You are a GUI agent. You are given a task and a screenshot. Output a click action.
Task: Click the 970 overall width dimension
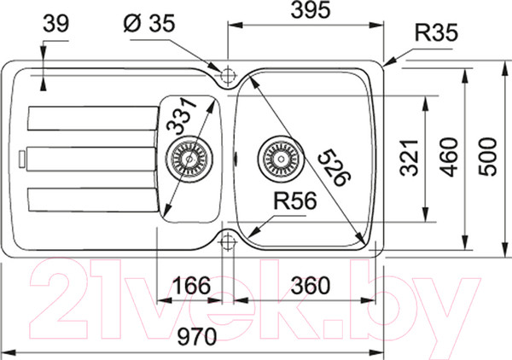point(197,336)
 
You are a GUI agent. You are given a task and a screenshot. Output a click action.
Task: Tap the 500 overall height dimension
point(487,157)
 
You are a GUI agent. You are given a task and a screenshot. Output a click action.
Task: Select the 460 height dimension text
point(449,157)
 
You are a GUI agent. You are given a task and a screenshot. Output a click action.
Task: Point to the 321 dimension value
point(410,158)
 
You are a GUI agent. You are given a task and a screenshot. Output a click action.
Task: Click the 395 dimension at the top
point(311,9)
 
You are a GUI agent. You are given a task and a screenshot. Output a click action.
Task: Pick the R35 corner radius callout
point(436,32)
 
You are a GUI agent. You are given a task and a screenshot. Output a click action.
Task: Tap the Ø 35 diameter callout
point(149,23)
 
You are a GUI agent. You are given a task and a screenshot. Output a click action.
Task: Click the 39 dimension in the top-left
point(56,24)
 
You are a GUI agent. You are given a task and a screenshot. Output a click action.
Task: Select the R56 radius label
point(295,200)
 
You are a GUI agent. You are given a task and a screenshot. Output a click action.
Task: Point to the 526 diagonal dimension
point(334,167)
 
